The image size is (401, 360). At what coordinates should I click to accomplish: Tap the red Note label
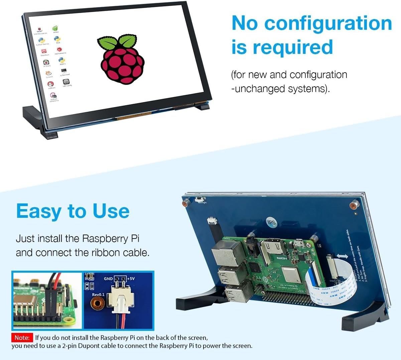coord(22,338)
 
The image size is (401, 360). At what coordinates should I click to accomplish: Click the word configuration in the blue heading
coord(328,23)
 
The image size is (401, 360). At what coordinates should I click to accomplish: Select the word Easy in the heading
coord(38,211)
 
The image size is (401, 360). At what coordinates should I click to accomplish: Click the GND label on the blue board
coord(108,278)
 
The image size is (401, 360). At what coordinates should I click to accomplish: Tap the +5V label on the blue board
coord(131,278)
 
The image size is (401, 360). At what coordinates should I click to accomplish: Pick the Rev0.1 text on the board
coord(98,294)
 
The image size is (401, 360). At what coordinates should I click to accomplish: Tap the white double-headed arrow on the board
coord(342,256)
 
